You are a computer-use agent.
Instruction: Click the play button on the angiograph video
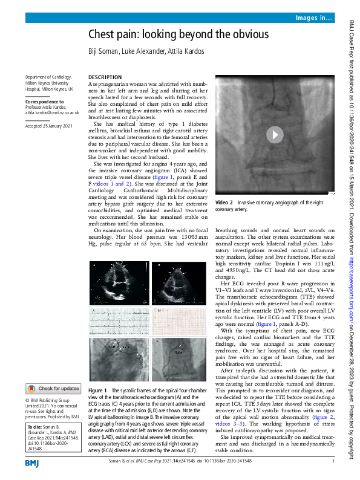[x=275, y=135]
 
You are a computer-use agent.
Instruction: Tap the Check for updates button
[x=53, y=389]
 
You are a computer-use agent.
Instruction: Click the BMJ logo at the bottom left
[x=33, y=463]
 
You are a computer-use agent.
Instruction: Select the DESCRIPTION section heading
[x=105, y=77]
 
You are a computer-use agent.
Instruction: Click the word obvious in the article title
[x=246, y=34]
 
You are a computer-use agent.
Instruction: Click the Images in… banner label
[x=314, y=19]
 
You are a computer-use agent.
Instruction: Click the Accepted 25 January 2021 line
[x=49, y=125]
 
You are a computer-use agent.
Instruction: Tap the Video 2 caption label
[x=224, y=202]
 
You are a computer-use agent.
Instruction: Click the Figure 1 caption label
[x=97, y=391]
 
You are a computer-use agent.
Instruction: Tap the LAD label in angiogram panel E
[x=111, y=347]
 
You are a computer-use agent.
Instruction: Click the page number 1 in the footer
[x=333, y=462]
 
